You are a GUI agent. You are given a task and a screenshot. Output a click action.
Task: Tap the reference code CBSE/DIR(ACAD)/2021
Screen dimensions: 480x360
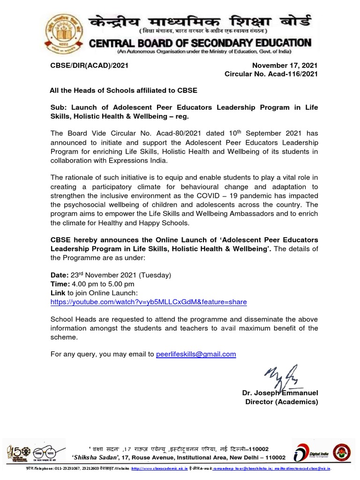(x=90, y=66)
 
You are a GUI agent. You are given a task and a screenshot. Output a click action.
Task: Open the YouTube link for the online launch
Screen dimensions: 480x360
(x=149, y=302)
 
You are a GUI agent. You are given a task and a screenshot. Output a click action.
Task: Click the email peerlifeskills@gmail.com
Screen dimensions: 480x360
(x=195, y=354)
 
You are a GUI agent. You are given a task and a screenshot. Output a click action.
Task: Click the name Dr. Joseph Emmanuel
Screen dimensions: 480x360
(x=280, y=393)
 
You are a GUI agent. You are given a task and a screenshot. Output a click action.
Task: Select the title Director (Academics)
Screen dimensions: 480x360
(x=281, y=402)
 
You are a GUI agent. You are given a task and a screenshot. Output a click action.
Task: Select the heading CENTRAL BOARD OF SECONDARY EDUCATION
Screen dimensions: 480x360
(x=200, y=43)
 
